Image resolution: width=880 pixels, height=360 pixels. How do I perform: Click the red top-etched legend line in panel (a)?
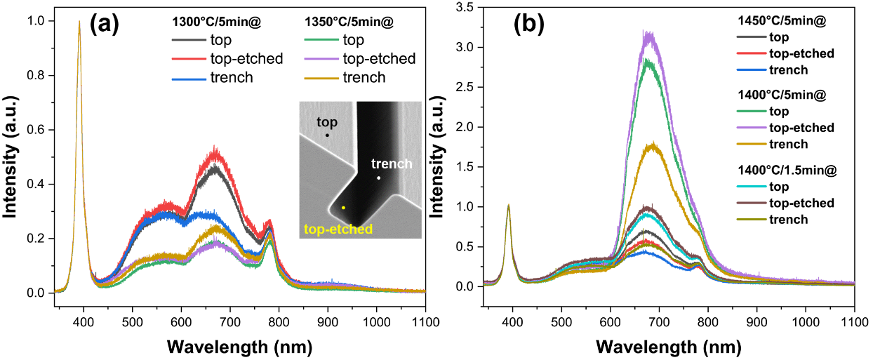pyautogui.click(x=189, y=59)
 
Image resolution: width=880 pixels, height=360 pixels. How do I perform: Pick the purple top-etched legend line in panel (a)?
pyautogui.click(x=323, y=59)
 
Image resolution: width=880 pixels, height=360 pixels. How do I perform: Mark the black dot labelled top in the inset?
pyautogui.click(x=327, y=135)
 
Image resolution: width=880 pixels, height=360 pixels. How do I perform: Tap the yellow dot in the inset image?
pyautogui.click(x=343, y=208)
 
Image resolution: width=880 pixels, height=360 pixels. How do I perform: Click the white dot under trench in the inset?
pyautogui.click(x=378, y=178)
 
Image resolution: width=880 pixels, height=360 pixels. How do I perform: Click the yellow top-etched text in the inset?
pyautogui.click(x=338, y=229)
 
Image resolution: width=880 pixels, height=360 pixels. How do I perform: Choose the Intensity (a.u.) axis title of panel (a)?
pyautogui.click(x=11, y=158)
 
